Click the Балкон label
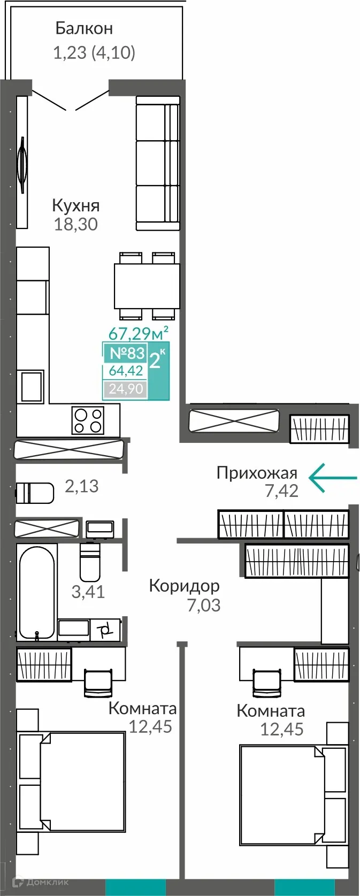(84, 28)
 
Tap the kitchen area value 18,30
(75, 224)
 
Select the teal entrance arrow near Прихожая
(333, 477)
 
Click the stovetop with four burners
(88, 420)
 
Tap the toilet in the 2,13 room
(35, 493)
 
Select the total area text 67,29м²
(139, 333)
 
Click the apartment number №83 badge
(127, 353)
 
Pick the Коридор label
(184, 586)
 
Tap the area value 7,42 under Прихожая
(281, 491)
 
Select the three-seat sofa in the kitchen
(157, 163)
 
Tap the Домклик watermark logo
(35, 882)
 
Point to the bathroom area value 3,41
(88, 592)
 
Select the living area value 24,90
(126, 389)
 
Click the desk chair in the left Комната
(98, 682)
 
